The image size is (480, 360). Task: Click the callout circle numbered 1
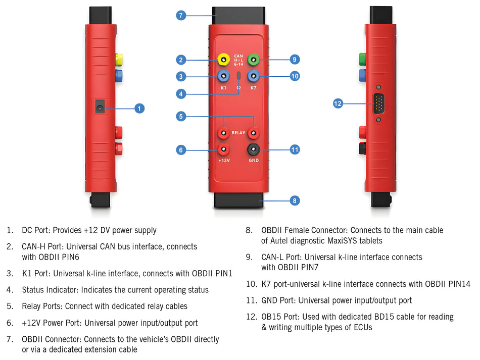point(140,108)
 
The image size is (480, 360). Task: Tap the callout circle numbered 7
point(181,15)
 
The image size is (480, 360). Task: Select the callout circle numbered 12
point(338,104)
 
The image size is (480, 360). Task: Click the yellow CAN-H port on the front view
point(223,61)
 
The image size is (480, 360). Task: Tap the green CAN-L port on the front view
point(253,61)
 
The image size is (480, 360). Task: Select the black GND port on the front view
point(253,149)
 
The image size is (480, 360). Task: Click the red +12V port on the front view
point(223,149)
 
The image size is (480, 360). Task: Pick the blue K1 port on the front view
point(223,76)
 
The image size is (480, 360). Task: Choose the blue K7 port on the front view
point(253,76)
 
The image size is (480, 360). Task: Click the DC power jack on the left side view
point(101,107)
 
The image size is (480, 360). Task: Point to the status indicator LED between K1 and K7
point(238,76)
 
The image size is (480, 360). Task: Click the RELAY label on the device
point(238,133)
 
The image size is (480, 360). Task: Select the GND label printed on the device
point(254,161)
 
